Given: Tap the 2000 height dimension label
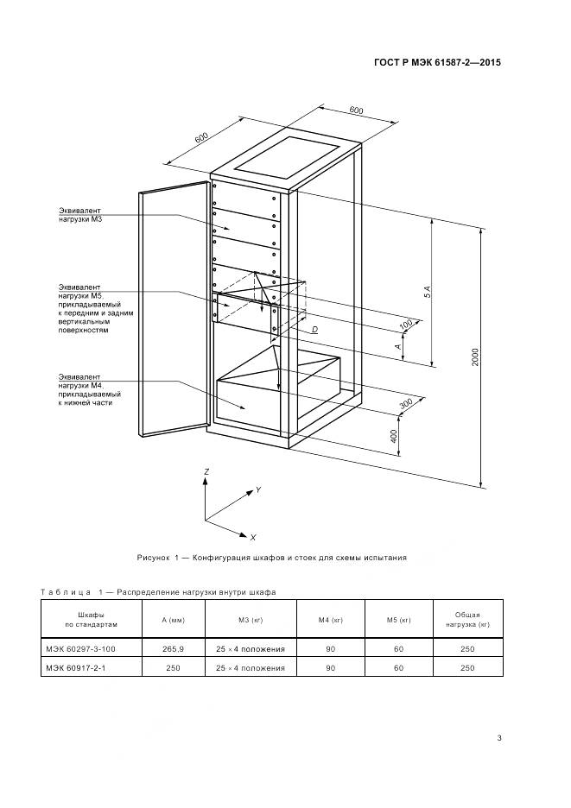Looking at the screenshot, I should point(475,357).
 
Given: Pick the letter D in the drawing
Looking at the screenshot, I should point(314,330).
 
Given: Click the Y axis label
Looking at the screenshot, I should point(257,489).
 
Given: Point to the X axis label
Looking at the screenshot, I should point(252,537).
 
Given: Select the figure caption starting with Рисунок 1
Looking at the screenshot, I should point(271,558).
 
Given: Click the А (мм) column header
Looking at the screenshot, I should point(174,618).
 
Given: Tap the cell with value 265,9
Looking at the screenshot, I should point(174,647).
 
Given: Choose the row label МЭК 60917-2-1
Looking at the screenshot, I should point(79,667).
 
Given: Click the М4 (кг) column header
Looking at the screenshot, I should point(330,618).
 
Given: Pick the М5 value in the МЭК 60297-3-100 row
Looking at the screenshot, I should point(398,647).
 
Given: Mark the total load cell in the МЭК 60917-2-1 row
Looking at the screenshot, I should point(467,667).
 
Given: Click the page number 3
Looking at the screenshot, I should point(499,736).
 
